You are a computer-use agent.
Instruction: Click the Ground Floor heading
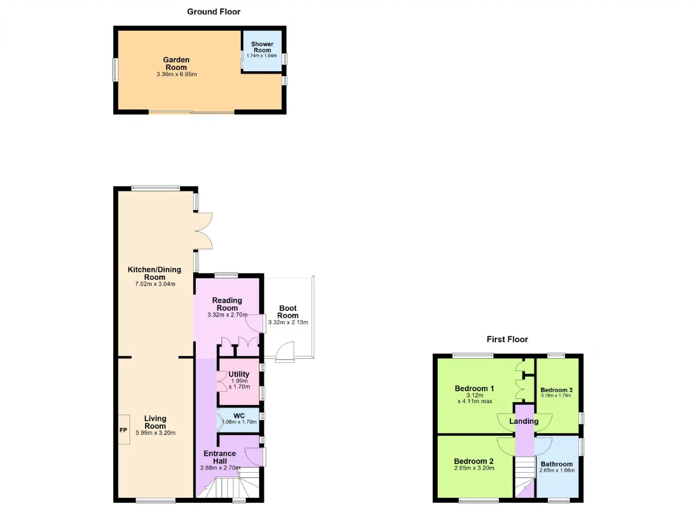(x=214, y=12)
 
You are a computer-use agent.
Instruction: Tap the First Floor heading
(x=507, y=339)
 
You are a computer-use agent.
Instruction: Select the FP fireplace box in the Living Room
(x=123, y=429)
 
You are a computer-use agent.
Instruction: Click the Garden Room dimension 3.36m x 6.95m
(x=177, y=75)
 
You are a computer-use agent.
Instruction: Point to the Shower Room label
(x=262, y=47)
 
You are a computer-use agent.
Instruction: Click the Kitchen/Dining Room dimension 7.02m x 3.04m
(x=155, y=284)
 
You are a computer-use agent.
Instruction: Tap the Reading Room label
(x=227, y=304)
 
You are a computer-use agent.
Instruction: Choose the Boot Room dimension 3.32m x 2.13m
(x=288, y=322)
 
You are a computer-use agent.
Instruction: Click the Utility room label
(x=239, y=374)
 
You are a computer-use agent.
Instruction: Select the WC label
(x=239, y=416)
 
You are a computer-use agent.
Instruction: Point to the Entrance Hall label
(x=220, y=457)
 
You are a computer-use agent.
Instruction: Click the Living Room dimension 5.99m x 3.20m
(x=156, y=433)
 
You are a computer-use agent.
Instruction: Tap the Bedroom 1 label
(x=474, y=388)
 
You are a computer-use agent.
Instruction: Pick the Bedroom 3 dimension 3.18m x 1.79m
(x=556, y=396)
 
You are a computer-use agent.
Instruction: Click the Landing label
(x=524, y=421)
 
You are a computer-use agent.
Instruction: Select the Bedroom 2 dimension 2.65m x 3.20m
(x=474, y=468)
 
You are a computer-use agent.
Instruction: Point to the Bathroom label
(x=556, y=464)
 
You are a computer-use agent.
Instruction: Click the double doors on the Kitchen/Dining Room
(x=203, y=231)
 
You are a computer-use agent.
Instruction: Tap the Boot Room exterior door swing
(x=285, y=351)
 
